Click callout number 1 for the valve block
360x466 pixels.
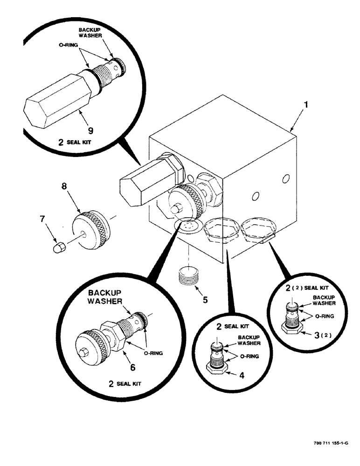[306, 105]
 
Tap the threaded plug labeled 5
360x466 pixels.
[188, 278]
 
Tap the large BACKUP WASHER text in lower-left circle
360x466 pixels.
[105, 299]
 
